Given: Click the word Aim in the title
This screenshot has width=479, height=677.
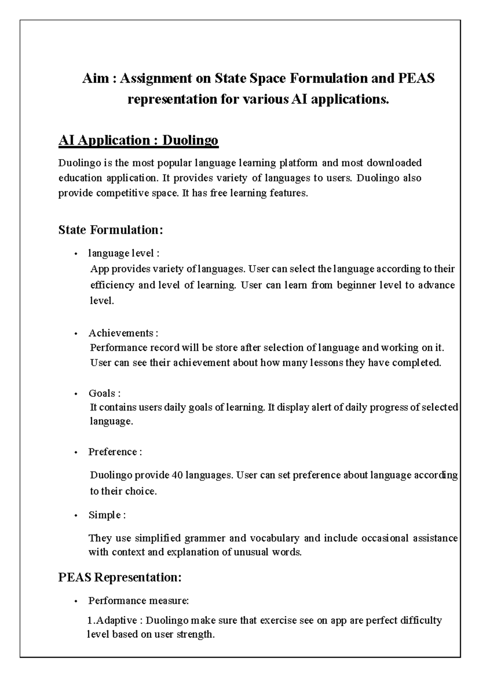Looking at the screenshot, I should (95, 78).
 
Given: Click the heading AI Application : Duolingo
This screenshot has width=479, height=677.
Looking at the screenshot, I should (138, 141).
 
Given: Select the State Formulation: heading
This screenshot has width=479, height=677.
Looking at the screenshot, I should (111, 230).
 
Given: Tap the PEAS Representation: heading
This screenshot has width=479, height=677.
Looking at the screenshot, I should (120, 577).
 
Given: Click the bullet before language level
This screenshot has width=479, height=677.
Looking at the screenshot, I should (75, 254).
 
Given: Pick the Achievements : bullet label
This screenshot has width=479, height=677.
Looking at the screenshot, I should (123, 333).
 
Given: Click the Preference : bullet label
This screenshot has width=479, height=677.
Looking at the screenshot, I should (115, 452).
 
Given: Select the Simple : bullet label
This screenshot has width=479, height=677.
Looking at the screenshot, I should (107, 515).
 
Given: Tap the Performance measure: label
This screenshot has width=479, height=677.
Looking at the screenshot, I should (138, 600).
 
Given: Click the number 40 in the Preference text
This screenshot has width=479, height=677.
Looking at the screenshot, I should (176, 475).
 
